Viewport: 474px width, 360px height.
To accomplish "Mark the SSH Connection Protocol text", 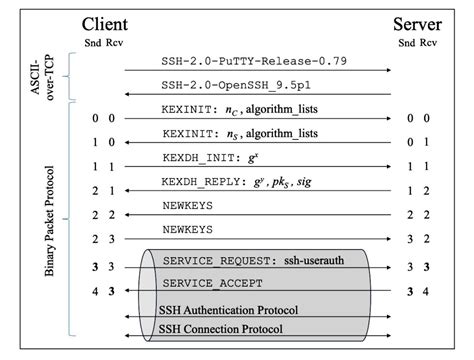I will click(221, 329).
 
